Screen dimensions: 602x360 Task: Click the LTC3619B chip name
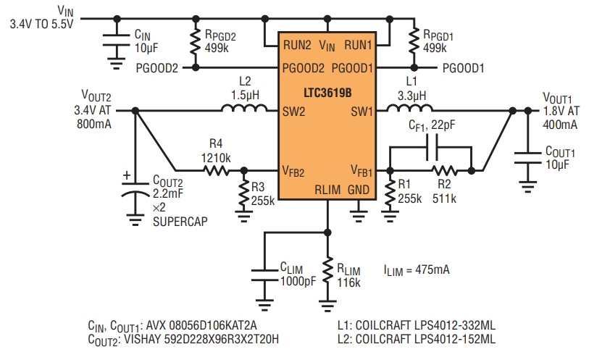(x=327, y=93)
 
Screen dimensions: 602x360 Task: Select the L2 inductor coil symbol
(x=244, y=108)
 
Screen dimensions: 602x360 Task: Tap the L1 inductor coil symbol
(x=409, y=108)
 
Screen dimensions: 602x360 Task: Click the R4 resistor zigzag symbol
(x=217, y=170)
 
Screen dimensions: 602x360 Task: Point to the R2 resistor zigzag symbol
(x=444, y=170)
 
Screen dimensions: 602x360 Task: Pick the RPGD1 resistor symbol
(x=414, y=41)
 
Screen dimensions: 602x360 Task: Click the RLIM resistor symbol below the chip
(x=327, y=271)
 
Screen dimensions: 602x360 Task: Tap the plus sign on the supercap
(x=126, y=176)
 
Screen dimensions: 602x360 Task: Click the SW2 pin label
(x=293, y=112)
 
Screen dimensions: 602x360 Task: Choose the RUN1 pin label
(x=358, y=46)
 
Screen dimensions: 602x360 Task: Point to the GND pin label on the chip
(x=359, y=190)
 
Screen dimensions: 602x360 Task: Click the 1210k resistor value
(x=216, y=158)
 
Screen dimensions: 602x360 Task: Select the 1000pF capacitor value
(x=298, y=281)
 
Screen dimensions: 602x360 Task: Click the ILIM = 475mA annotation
(x=417, y=269)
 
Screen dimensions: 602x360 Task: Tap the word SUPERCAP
(x=180, y=222)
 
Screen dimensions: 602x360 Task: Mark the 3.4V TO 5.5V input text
(x=41, y=24)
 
